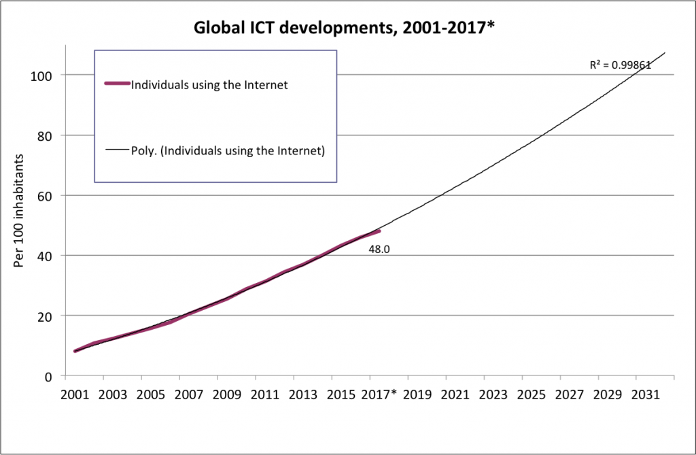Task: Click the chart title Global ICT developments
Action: [347, 28]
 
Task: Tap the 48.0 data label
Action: [378, 250]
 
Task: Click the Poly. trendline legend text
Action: [227, 151]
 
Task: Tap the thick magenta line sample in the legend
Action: [116, 84]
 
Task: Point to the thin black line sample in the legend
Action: [116, 151]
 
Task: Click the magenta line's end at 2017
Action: [379, 231]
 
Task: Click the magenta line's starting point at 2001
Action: [75, 351]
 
